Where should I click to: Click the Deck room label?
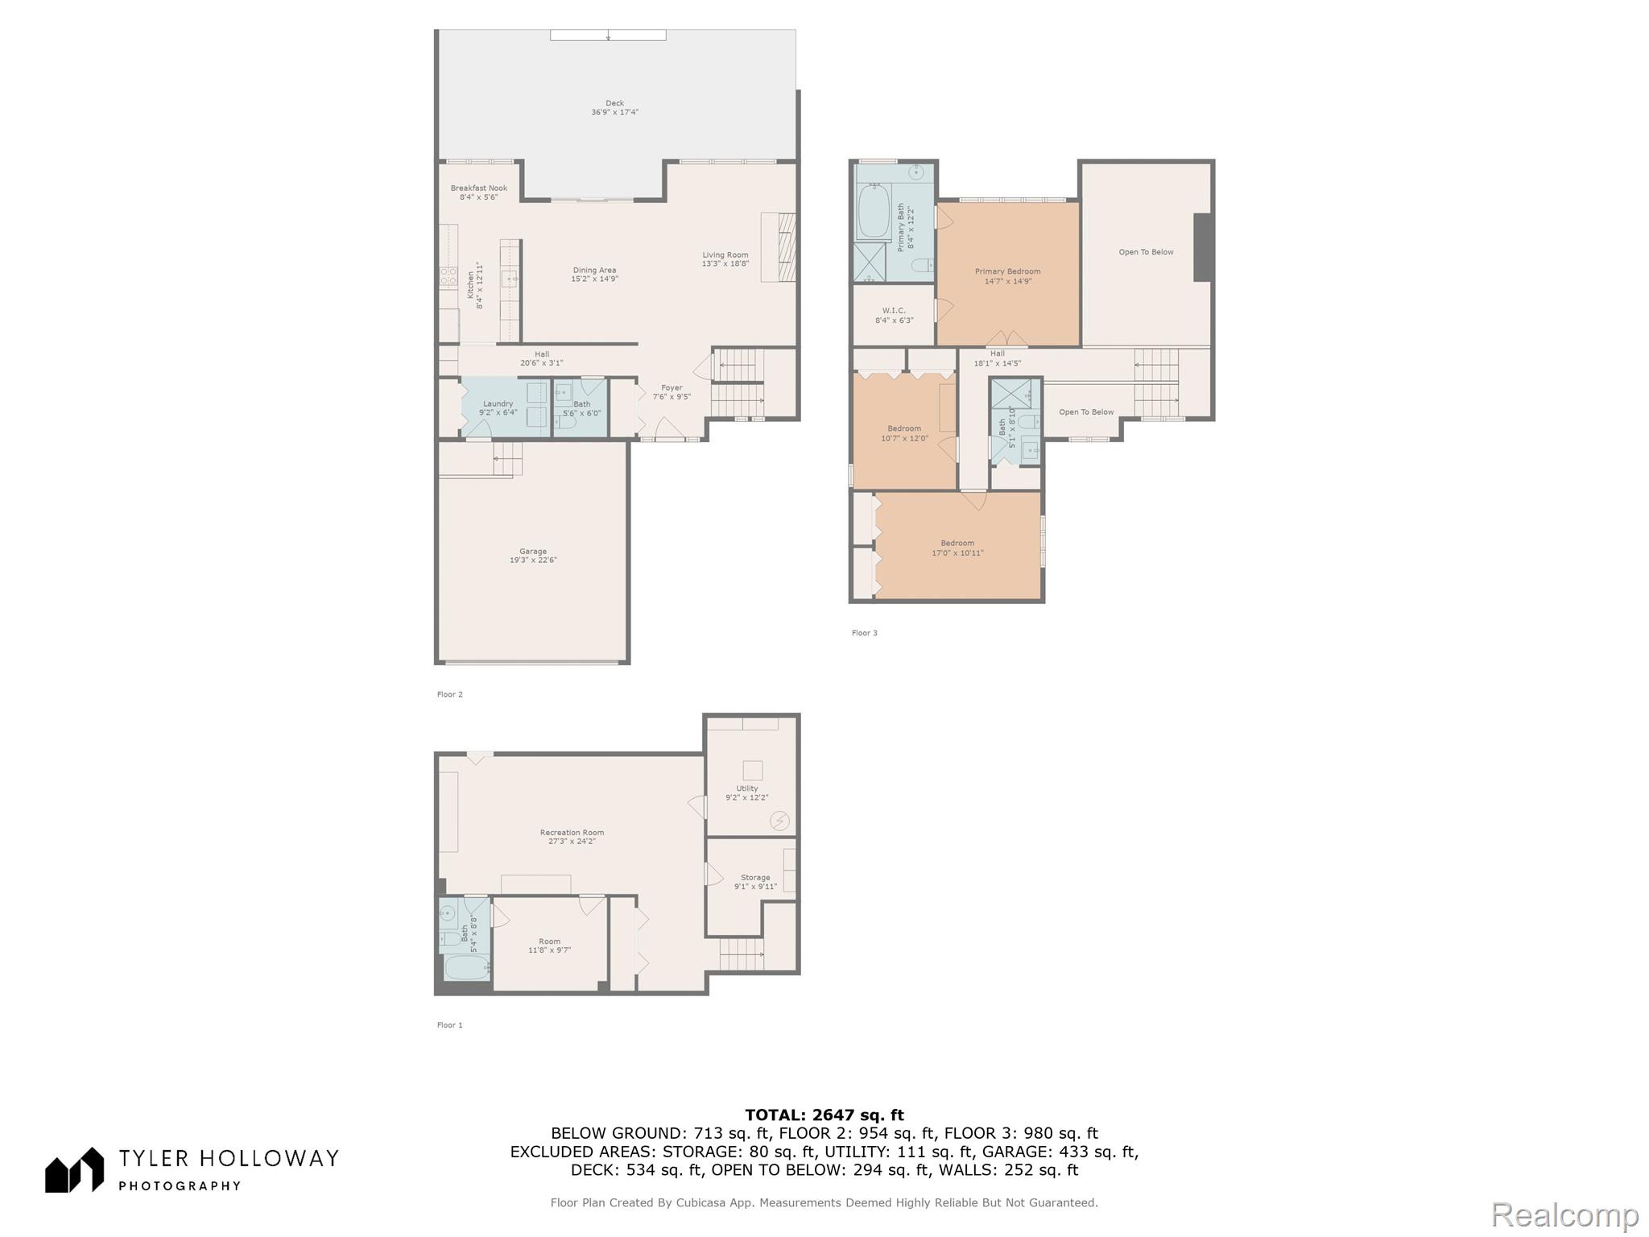coord(614,108)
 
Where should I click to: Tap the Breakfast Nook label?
coord(479,192)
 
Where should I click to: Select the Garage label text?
coord(533,556)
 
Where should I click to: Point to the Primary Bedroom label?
coord(1007,276)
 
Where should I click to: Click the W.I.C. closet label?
coord(894,315)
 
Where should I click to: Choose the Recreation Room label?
coord(572,837)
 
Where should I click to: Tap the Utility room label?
coord(746,793)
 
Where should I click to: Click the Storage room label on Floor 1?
coord(755,882)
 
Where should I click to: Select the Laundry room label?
coord(498,408)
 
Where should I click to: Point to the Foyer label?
coord(672,392)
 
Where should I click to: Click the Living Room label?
coord(725,259)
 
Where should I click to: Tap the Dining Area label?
coord(594,275)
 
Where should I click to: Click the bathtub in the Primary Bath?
coord(873,212)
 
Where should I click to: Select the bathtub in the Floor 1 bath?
coord(466,967)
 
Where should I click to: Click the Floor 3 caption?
coord(865,633)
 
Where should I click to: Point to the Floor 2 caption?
coord(450,694)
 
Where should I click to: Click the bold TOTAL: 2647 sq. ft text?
coord(824,1115)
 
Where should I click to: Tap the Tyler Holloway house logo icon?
coord(74,1169)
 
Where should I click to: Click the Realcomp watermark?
coord(1564,1215)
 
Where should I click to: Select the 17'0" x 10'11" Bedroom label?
coord(957,548)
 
